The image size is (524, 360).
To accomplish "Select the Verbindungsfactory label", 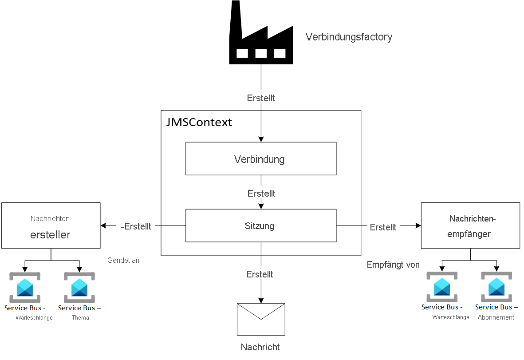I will point(349,37).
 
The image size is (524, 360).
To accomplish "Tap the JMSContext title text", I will point(199,123).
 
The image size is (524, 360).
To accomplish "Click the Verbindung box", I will point(260,159).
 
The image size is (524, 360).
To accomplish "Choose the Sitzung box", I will point(260,226).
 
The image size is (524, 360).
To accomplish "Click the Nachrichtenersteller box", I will point(51,225).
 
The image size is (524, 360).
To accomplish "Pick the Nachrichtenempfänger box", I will point(470,225).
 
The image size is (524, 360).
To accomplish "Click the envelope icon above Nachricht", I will point(261,319).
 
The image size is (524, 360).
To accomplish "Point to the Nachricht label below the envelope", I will point(260,347).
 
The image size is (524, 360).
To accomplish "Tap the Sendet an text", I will point(123,261).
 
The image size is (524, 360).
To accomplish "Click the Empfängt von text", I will point(393,265).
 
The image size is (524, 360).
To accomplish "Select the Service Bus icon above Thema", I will point(79,288).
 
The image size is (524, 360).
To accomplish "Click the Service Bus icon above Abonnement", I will point(496,287).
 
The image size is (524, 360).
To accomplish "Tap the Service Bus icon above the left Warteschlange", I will point(25,288).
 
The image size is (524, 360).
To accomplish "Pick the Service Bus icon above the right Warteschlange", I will point(442,287).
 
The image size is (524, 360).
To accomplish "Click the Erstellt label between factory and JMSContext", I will point(261,98).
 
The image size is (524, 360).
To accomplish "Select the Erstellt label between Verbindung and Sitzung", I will point(261,194).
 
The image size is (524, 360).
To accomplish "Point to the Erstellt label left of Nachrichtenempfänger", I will point(383,227).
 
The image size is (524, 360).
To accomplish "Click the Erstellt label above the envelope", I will point(260,274).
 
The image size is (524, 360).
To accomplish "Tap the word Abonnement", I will point(496,317).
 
